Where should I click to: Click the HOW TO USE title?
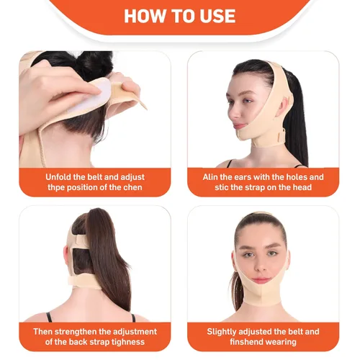coord(179,16)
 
